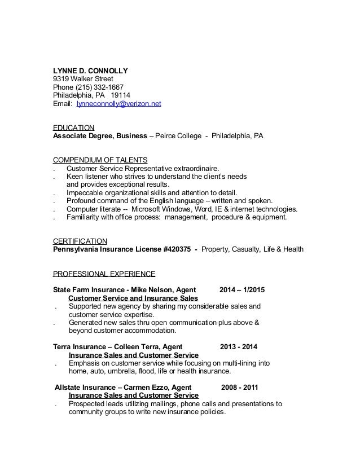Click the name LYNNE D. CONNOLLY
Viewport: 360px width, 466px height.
tap(90, 71)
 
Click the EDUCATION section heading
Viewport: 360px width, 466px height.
tap(73, 128)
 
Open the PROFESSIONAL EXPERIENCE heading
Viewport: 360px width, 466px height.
tap(104, 274)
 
